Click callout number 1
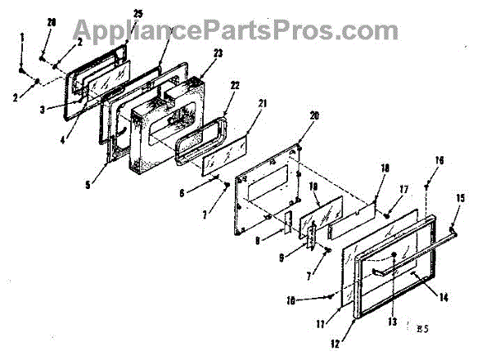click(x=22, y=38)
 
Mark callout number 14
click(x=443, y=298)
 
